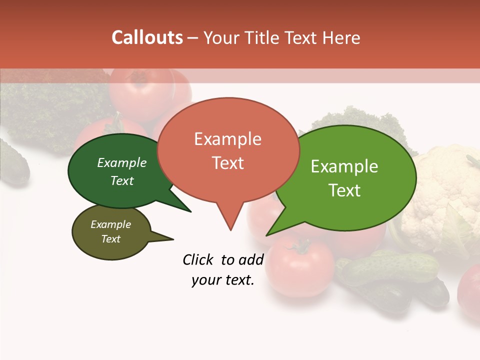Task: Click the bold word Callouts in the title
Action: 147,37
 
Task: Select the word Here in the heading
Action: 341,37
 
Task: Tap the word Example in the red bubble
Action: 227,139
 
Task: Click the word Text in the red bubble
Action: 227,163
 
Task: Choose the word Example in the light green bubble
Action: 344,166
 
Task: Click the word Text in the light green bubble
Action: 344,190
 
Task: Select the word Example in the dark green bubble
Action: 121,163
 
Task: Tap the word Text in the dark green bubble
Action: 121,180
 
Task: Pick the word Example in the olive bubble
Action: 110,224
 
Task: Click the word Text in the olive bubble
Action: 110,239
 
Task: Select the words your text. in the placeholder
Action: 222,280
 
